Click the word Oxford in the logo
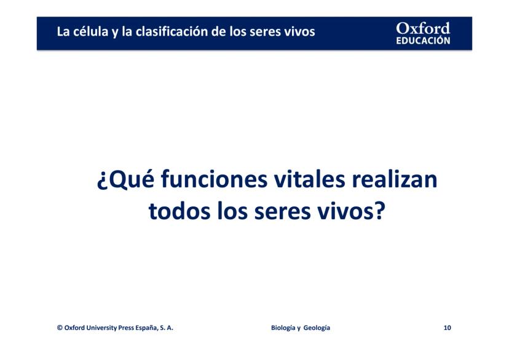423,28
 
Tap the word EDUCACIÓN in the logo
423,41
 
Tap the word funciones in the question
214,179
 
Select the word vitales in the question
309,179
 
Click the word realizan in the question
395,179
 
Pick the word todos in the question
179,211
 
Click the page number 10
448,328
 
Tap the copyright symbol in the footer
60,327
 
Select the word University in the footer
101,328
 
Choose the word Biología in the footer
283,328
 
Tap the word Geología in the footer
317,328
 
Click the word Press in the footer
126,328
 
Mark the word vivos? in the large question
351,211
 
